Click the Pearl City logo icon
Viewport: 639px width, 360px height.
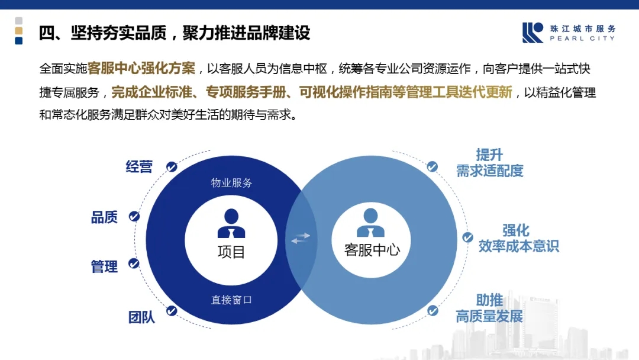click(532, 33)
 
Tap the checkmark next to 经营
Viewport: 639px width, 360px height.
click(172, 167)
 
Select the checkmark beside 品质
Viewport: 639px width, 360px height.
click(134, 217)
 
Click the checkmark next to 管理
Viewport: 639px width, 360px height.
click(134, 263)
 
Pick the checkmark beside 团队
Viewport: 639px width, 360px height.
click(172, 311)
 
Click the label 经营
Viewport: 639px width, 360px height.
click(139, 167)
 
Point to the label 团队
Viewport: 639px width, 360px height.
click(141, 317)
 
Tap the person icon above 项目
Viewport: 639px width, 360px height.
click(231, 223)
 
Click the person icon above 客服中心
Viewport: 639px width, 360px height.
click(370, 223)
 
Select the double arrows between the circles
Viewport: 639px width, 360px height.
click(301, 238)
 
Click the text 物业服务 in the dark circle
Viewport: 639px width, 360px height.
click(231, 182)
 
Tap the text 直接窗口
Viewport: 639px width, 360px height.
click(231, 300)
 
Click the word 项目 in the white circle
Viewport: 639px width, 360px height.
click(231, 252)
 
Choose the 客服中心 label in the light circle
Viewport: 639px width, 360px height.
click(372, 249)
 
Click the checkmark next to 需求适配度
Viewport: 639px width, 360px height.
click(433, 167)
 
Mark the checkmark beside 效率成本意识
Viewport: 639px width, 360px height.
click(467, 237)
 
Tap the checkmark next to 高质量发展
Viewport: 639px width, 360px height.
click(433, 311)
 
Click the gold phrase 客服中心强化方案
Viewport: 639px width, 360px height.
click(141, 68)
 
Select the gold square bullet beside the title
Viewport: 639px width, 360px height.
click(19, 31)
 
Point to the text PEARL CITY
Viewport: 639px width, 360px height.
click(582, 38)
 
